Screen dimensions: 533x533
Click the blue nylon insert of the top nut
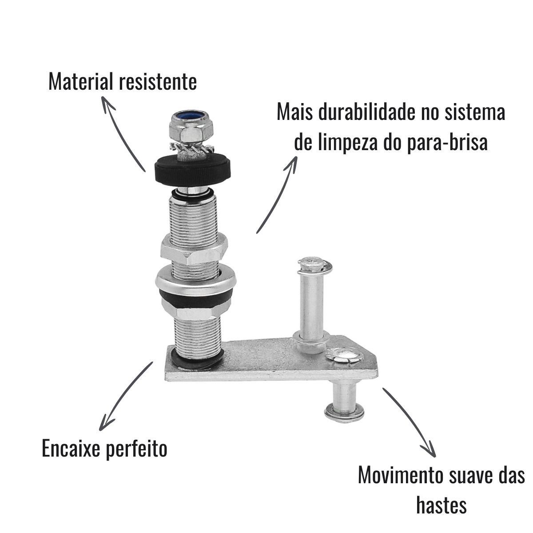click(x=191, y=115)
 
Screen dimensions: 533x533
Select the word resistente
click(x=158, y=82)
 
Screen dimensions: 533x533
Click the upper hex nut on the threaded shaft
click(x=194, y=249)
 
